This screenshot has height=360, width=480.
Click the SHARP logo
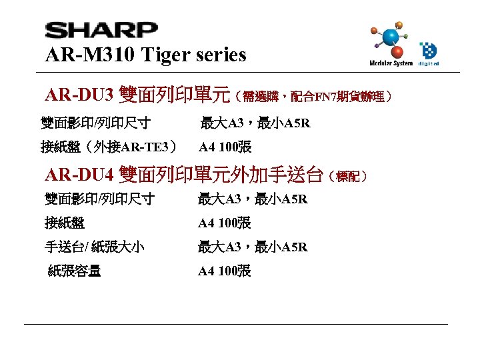[101, 30]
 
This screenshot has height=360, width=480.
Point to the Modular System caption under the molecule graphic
[391, 64]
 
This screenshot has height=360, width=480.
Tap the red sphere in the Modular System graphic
[397, 52]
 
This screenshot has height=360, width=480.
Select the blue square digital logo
[427, 50]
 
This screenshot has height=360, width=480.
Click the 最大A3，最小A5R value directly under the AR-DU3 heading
[255, 123]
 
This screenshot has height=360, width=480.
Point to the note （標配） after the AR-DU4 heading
[348, 177]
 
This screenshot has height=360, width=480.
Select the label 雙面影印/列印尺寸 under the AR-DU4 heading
[99, 199]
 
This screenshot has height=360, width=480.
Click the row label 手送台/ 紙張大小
[95, 247]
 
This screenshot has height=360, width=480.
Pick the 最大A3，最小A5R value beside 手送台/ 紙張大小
[253, 247]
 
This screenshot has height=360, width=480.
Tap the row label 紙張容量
[75, 271]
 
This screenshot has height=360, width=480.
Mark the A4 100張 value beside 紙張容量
[224, 271]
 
